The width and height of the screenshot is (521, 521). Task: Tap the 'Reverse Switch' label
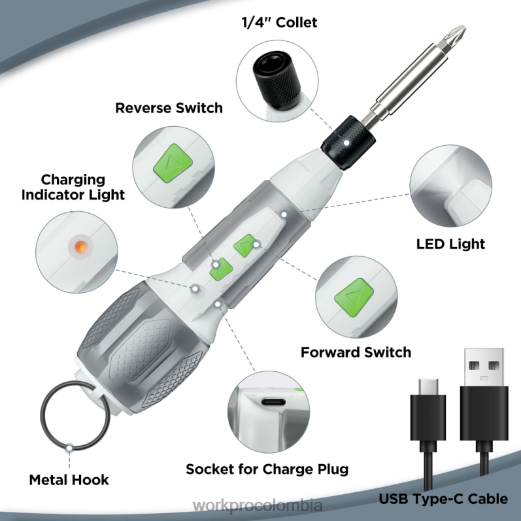coord(169,108)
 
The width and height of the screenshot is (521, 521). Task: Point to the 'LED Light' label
coord(451,244)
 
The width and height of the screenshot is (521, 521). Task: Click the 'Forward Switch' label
coord(356,352)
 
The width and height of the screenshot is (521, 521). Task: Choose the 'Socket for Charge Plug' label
coord(267,469)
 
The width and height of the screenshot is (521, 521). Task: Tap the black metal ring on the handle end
coord(66,419)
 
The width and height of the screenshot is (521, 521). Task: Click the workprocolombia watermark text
coord(260,507)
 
